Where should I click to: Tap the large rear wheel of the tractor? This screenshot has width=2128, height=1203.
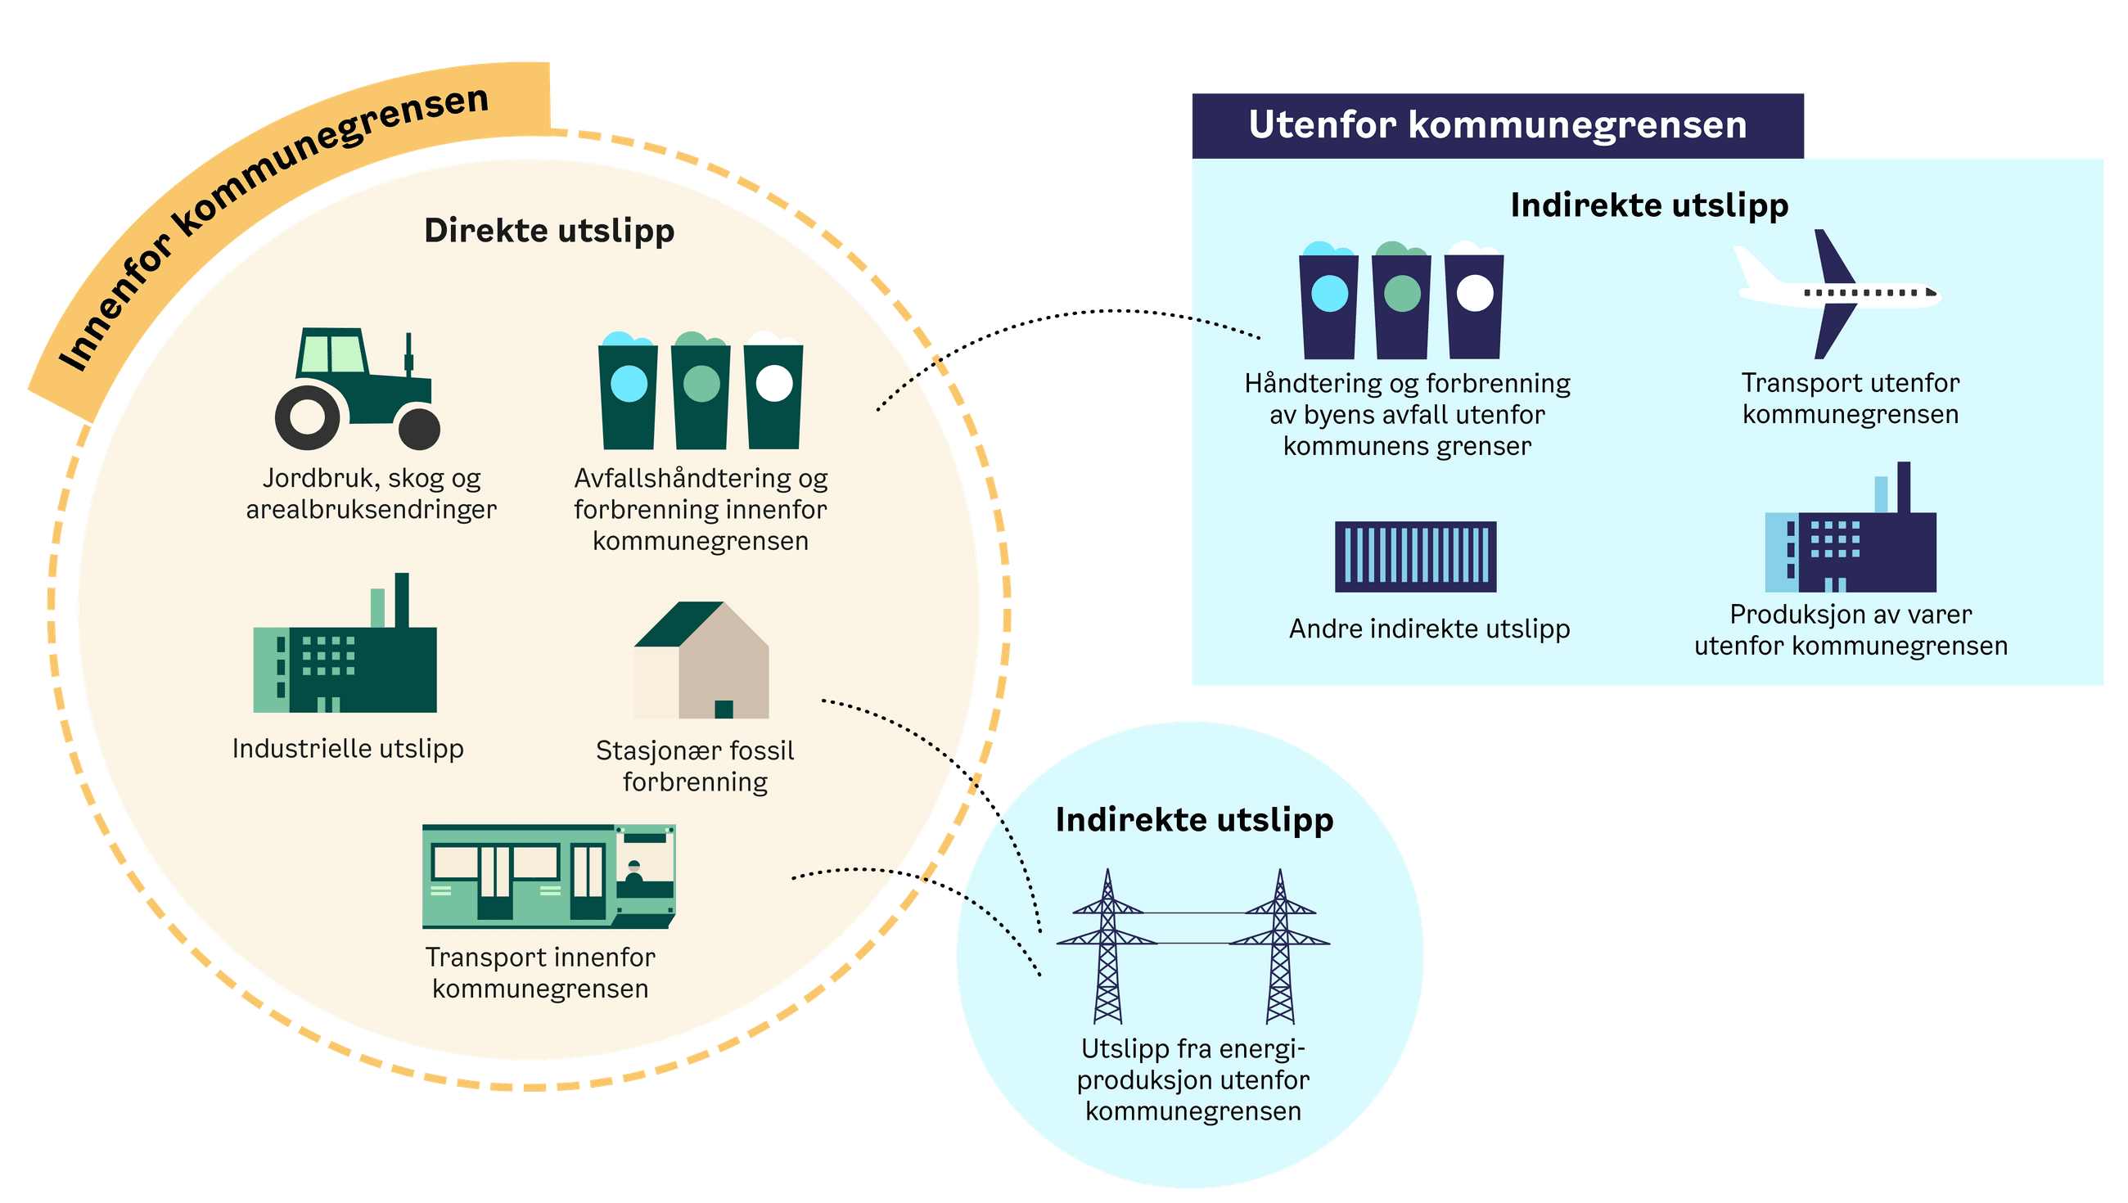point(306,417)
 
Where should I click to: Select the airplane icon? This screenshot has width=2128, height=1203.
point(1839,293)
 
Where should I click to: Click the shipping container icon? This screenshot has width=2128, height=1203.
point(1415,556)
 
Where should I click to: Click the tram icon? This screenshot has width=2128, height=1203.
point(548,876)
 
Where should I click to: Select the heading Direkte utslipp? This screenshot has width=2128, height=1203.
point(548,231)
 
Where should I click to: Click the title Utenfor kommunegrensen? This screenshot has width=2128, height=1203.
point(1497,125)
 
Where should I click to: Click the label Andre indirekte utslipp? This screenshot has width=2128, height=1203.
point(1429,629)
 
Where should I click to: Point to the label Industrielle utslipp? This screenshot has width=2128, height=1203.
point(348,749)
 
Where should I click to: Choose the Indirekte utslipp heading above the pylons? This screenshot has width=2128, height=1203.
point(1193,820)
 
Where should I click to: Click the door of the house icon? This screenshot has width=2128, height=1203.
point(724,709)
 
